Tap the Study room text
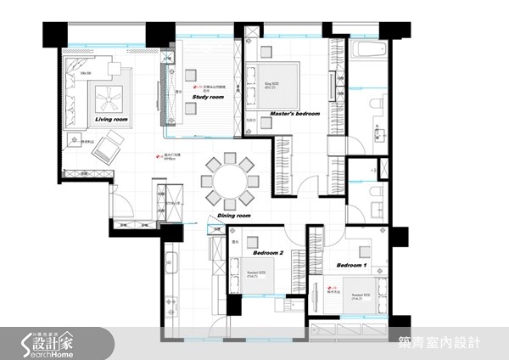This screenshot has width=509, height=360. (208, 98)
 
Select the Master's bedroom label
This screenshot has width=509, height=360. (294, 113)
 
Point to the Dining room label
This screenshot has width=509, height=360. (234, 216)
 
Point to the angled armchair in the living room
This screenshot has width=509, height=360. (109, 153)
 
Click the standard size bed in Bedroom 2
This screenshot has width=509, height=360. (259, 274)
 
